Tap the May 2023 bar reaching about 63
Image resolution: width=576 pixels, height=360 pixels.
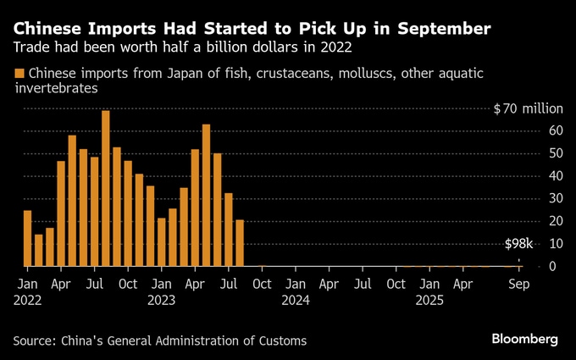(x=206, y=195)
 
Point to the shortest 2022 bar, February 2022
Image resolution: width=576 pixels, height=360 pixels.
(x=39, y=250)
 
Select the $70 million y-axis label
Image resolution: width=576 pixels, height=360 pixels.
(x=528, y=109)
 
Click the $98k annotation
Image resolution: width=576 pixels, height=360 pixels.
(x=518, y=244)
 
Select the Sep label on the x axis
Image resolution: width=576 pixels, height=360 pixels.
(x=518, y=285)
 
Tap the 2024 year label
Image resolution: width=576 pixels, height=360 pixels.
(x=295, y=300)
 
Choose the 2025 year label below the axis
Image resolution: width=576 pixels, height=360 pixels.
(x=429, y=300)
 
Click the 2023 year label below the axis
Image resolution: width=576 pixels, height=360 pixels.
(x=161, y=300)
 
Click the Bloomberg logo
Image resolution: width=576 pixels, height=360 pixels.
(x=524, y=339)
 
